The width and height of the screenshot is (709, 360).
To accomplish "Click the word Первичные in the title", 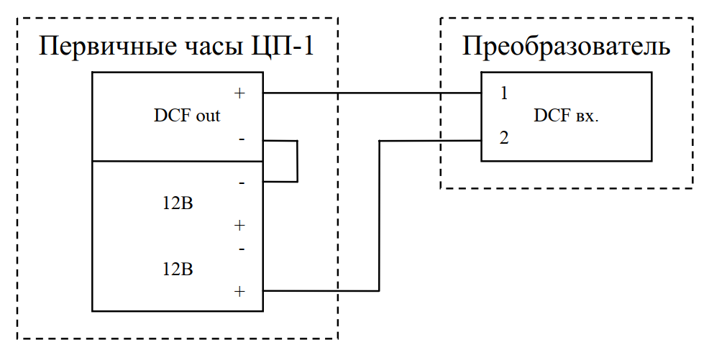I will point(97,49).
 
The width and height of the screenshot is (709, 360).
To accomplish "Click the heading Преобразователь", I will point(566,47).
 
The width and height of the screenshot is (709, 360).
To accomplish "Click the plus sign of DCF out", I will point(239,93).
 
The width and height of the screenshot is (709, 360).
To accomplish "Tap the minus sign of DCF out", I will point(241,137).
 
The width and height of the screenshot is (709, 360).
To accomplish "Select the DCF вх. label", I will point(566,116).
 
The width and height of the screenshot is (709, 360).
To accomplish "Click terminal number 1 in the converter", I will point(504,93).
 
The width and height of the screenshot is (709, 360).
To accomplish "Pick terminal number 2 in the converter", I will point(504,137).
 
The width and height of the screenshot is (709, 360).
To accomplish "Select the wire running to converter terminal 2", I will point(379,216).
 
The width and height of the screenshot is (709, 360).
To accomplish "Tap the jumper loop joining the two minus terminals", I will point(296,161).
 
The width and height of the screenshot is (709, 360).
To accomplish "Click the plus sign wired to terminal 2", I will point(239,291).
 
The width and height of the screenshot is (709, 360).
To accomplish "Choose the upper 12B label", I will point(178,203).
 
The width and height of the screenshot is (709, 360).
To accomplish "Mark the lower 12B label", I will point(178,269).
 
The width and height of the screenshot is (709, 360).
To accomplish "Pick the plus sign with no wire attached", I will point(239,226).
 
